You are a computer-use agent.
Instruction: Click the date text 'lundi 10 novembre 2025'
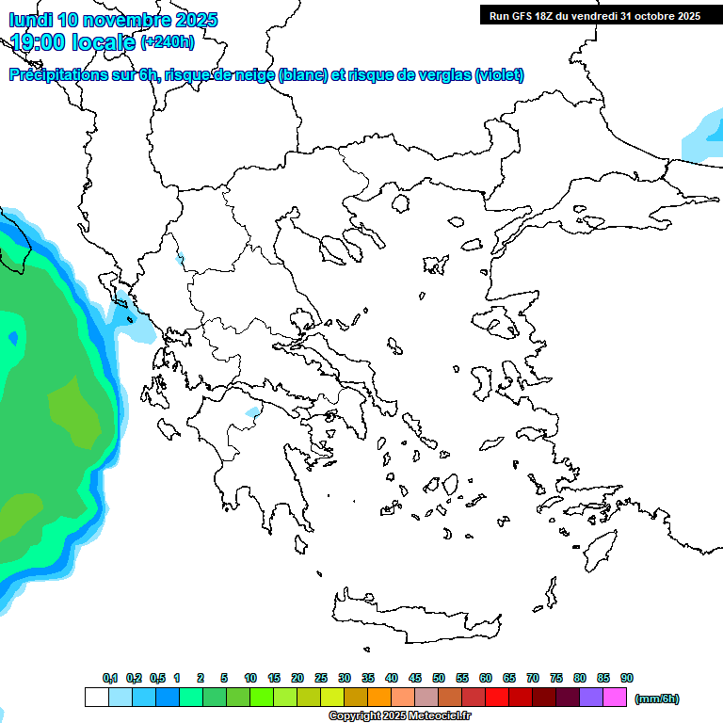113,20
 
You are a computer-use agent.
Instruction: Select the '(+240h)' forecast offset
168,41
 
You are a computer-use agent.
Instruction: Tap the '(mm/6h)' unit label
657,699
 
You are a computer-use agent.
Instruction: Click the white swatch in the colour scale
96,698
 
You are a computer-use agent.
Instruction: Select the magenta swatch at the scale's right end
615,698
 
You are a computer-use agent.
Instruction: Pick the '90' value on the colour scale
627,678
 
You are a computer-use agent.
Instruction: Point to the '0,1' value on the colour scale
110,678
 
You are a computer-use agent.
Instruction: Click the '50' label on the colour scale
439,678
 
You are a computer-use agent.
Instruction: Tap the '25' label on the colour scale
321,678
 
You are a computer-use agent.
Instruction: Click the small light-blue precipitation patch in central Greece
252,412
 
